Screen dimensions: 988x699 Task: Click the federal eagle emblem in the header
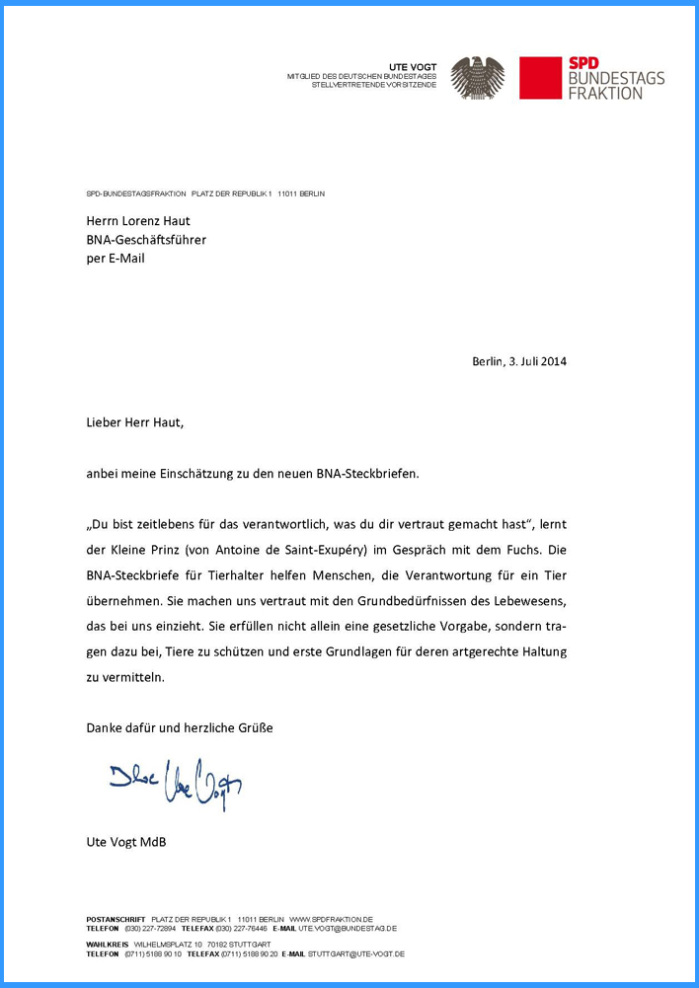tap(478, 78)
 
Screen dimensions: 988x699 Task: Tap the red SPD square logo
tap(540, 78)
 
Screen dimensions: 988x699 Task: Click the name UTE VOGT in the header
tap(413, 66)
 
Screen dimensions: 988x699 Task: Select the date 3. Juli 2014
tap(538, 361)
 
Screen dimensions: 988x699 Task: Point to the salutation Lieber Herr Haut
tap(134, 422)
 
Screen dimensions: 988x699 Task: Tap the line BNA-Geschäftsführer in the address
tap(146, 240)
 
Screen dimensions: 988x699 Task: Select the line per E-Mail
tap(116, 259)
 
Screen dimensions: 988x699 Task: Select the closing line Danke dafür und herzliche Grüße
tap(180, 728)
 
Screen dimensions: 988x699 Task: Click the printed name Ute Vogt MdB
tap(126, 842)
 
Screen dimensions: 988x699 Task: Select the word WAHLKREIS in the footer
tap(108, 945)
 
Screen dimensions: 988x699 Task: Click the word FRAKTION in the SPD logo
tap(605, 93)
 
